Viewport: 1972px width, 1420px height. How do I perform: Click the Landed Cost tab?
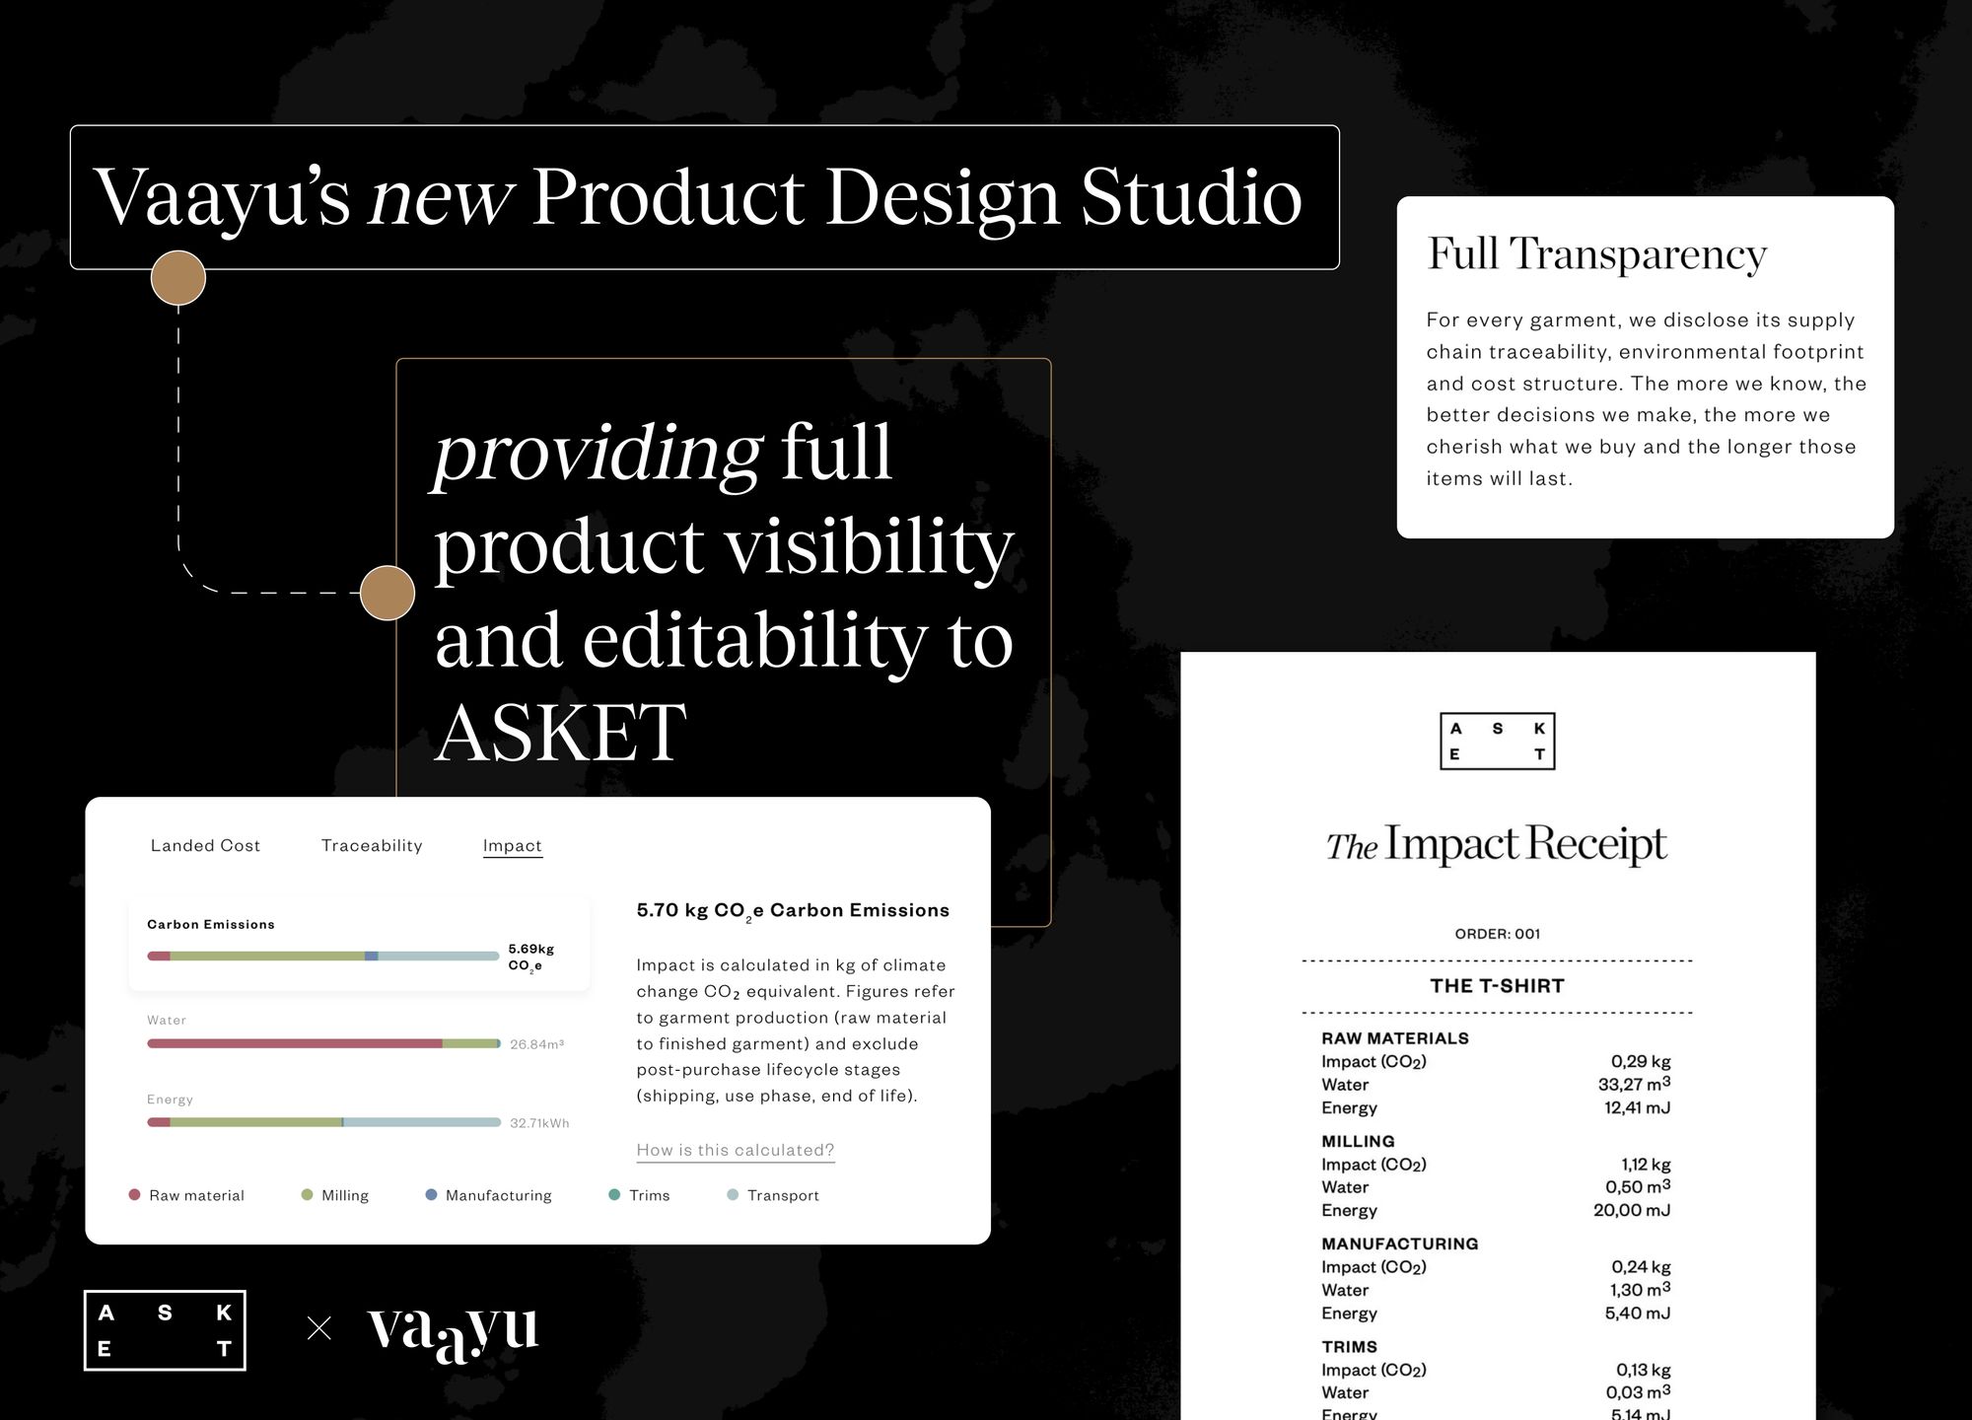pyautogui.click(x=205, y=845)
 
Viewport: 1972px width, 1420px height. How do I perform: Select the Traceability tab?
pyautogui.click(x=372, y=845)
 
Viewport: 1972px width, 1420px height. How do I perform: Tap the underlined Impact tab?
pyautogui.click(x=513, y=846)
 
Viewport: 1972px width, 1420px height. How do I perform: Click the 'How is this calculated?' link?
pyautogui.click(x=736, y=1150)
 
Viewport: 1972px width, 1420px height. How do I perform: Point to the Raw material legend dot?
pyautogui.click(x=134, y=1194)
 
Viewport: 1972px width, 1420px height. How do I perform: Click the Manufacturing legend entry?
pyautogui.click(x=488, y=1195)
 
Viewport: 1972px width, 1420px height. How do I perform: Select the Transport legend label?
pyautogui.click(x=783, y=1195)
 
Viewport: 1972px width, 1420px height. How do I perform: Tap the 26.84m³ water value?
pyautogui.click(x=536, y=1044)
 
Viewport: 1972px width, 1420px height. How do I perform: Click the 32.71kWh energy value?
pyautogui.click(x=539, y=1123)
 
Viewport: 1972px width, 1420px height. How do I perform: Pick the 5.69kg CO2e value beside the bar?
pyautogui.click(x=530, y=958)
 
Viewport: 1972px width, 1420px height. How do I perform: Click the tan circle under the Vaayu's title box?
pyautogui.click(x=178, y=278)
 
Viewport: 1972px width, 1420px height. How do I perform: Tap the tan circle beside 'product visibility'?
pyautogui.click(x=387, y=593)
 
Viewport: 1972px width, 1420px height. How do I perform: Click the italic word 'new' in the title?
pyautogui.click(x=441, y=196)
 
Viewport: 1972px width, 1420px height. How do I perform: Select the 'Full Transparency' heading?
pyautogui.click(x=1596, y=254)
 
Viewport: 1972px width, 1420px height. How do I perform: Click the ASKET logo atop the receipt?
pyautogui.click(x=1497, y=741)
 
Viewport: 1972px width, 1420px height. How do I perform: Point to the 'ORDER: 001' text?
pyautogui.click(x=1497, y=934)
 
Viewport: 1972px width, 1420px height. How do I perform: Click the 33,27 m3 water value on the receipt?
pyautogui.click(x=1634, y=1084)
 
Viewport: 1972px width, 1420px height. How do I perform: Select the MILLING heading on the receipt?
pyautogui.click(x=1358, y=1141)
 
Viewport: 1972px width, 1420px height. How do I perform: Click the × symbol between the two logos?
pyautogui.click(x=319, y=1328)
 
